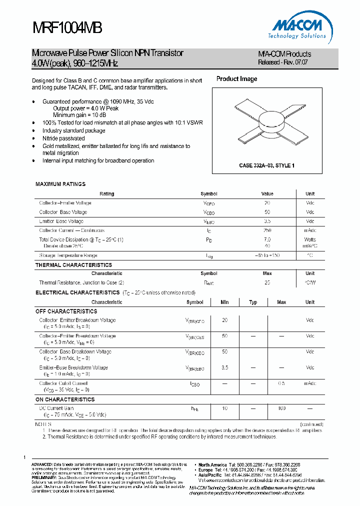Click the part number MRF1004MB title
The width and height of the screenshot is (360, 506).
tap(67, 28)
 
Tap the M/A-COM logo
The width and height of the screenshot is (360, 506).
tap(300, 27)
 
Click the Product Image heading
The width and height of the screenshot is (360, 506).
tap(236, 79)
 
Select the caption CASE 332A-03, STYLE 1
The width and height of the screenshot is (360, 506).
tap(266, 165)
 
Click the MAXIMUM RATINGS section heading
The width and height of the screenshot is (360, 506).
tap(60, 184)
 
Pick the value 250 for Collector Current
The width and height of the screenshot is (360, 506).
tap(267, 230)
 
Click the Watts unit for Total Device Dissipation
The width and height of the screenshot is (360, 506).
tap(310, 240)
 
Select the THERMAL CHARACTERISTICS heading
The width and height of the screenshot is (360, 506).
tap(73, 265)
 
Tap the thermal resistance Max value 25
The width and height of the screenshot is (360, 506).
tap(267, 283)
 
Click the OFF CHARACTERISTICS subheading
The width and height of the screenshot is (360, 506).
tap(66, 311)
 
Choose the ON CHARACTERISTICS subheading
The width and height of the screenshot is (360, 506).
tap(65, 400)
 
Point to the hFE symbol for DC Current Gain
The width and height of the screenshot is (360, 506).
tap(194, 409)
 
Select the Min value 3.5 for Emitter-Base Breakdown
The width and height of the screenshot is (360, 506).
tap(224, 367)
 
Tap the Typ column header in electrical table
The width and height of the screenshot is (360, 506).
tap(253, 302)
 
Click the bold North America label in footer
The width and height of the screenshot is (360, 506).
tap(212, 464)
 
